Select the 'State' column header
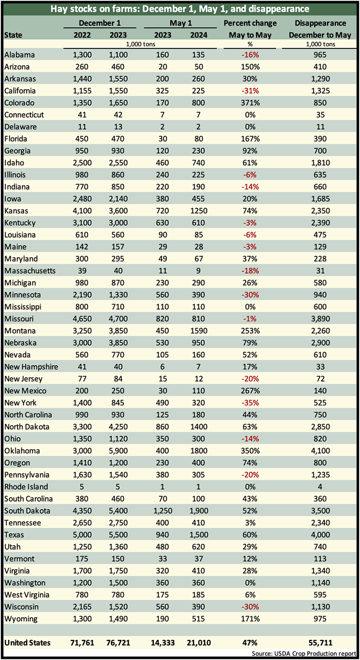coord(13,35)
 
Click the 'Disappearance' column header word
coord(320,23)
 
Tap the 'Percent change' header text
coord(250,23)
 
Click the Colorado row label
coord(19,103)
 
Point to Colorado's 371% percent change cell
coord(250,103)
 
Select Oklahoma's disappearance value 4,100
coord(320,451)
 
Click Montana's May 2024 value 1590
coord(199,331)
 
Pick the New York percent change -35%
coord(250,403)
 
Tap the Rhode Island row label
coord(26,487)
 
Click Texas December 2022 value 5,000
coord(82,535)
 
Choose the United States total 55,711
coord(320,643)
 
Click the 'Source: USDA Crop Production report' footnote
coord(304,653)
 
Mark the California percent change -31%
coord(250,91)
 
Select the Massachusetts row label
coord(30,271)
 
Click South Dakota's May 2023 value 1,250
coord(163,511)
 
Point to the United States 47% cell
coord(250,643)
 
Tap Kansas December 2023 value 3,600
coord(118,211)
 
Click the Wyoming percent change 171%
coord(250,619)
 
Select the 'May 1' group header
coord(181,23)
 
